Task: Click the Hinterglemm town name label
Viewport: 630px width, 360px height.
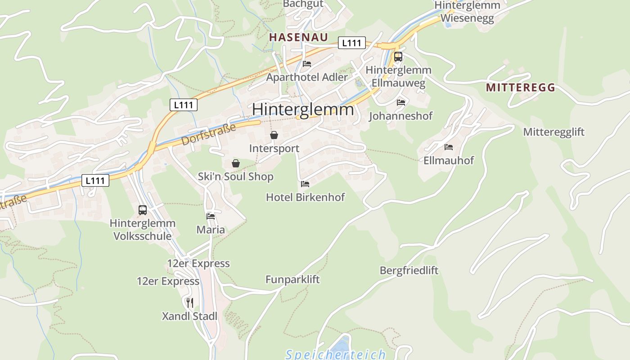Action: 303,109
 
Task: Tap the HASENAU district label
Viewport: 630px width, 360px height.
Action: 298,37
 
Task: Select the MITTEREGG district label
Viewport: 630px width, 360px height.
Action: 521,88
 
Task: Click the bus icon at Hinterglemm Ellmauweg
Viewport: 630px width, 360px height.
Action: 398,57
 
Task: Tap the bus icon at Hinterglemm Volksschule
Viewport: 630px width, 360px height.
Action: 143,210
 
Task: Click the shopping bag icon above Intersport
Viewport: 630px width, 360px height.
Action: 274,135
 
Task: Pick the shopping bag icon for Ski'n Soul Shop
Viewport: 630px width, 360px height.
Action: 235,163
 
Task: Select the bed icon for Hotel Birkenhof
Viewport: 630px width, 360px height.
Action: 305,184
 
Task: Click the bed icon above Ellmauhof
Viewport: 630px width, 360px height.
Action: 449,147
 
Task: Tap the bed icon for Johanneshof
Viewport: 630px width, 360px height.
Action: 400,102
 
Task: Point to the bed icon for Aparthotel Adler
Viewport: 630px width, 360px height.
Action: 307,63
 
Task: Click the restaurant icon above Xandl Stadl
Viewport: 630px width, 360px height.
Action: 189,302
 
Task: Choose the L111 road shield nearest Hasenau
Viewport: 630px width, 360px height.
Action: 351,43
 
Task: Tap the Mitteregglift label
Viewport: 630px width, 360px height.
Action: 553,132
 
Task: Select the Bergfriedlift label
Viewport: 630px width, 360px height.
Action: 409,270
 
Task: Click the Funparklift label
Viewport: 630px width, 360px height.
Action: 292,279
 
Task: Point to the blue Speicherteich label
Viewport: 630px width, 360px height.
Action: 336,354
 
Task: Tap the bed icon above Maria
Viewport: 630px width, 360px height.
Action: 210,216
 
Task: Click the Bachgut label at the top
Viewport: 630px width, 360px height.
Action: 303,4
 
